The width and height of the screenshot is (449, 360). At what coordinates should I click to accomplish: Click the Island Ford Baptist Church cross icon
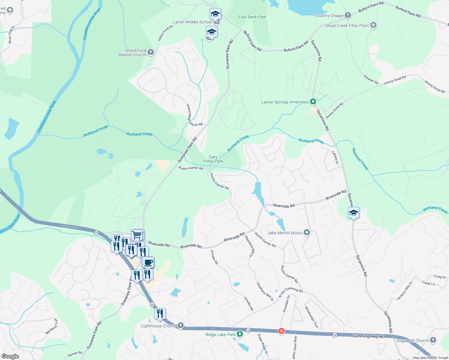click(x=151, y=52)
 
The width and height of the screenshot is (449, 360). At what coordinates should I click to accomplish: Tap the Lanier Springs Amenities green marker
click(x=313, y=102)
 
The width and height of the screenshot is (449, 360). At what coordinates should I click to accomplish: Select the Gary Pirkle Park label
click(x=213, y=159)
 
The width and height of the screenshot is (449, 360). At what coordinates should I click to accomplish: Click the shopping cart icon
click(x=137, y=235)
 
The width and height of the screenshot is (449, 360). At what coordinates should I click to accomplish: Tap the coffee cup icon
click(x=148, y=262)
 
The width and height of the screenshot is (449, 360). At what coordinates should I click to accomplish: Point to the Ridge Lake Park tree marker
click(x=240, y=334)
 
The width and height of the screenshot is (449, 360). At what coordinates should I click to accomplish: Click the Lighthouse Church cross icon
click(x=180, y=325)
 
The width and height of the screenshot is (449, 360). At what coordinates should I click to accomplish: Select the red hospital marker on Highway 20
click(x=281, y=331)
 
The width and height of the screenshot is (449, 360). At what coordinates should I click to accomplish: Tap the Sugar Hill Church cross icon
click(x=433, y=340)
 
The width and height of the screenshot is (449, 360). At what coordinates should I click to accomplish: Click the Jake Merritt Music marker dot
click(x=306, y=232)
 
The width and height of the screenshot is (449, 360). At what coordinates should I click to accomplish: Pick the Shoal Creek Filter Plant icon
click(x=373, y=25)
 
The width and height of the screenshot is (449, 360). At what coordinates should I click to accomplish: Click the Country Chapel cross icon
click(x=348, y=15)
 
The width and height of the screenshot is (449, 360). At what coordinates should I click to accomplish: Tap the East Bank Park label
click(x=252, y=17)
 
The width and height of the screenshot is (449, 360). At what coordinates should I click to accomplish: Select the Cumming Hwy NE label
click(x=368, y=336)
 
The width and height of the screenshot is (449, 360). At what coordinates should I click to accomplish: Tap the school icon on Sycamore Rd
click(x=354, y=213)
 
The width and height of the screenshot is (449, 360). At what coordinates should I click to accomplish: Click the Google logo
click(x=10, y=356)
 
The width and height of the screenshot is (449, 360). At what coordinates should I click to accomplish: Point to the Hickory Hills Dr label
click(x=405, y=290)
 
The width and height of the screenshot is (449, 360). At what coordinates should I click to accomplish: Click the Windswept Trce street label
click(x=312, y=317)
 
